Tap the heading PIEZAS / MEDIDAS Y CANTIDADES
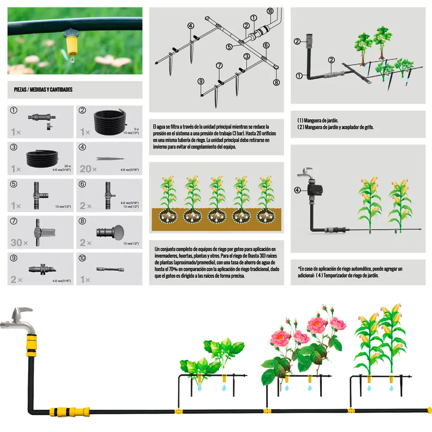click(x=43, y=89)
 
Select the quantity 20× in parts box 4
click(x=88, y=168)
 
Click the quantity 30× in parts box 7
click(x=19, y=242)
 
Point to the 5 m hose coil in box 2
click(x=110, y=121)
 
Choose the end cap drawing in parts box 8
click(x=110, y=232)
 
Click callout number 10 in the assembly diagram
click(x=270, y=11)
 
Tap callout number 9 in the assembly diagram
click(x=201, y=81)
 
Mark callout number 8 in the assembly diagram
click(x=276, y=82)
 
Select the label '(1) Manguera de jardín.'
click(x=318, y=121)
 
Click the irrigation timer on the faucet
click(x=315, y=189)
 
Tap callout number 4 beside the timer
click(x=297, y=190)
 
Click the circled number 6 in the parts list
click(x=83, y=184)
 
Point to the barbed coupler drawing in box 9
click(x=42, y=269)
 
